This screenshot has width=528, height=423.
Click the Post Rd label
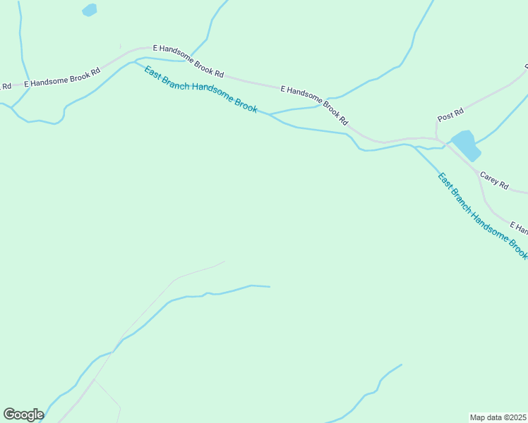(x=450, y=113)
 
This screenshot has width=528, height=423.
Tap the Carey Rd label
(x=493, y=180)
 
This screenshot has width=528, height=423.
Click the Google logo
(x=23, y=415)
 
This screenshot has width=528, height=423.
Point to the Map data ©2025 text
(x=498, y=417)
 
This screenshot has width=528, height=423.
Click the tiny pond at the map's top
(x=90, y=10)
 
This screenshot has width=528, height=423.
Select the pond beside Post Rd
(x=466, y=145)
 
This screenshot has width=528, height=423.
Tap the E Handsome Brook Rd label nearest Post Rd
(x=315, y=104)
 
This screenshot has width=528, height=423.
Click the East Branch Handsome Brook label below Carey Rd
(x=482, y=216)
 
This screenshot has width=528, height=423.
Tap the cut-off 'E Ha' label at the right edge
(x=519, y=229)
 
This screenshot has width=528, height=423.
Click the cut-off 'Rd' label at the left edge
(x=6, y=86)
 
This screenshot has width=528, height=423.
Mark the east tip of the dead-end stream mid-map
(x=270, y=287)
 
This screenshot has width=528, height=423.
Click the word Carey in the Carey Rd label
(x=489, y=178)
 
